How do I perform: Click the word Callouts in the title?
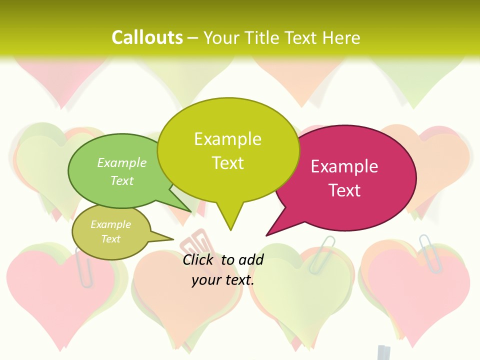pos(147,37)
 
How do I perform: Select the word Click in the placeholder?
pos(199,259)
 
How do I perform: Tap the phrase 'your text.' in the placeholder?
pos(223,280)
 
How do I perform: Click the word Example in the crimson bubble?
pos(344,166)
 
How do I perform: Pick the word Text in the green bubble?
pos(122,180)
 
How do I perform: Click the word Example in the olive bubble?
pos(110,224)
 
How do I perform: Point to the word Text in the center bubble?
pos(228,163)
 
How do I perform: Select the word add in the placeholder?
pos(251,259)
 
